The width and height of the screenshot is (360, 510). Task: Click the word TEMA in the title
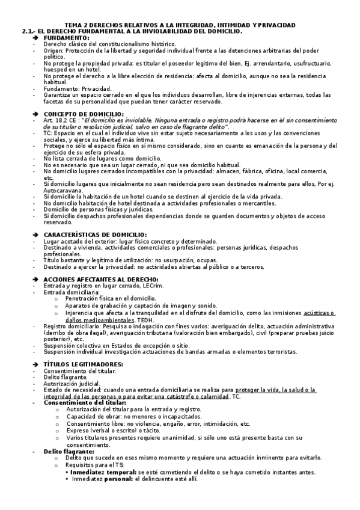click(73, 25)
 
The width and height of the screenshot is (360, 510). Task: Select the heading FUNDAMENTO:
click(67, 37)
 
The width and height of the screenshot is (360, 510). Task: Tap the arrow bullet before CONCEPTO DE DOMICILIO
click(35, 114)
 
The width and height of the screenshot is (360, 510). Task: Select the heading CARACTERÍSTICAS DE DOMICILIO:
click(95, 234)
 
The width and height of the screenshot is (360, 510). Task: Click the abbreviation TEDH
click(144, 319)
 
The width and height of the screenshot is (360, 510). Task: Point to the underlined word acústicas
click(319, 313)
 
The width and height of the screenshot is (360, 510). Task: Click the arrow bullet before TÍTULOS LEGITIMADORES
click(35, 364)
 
